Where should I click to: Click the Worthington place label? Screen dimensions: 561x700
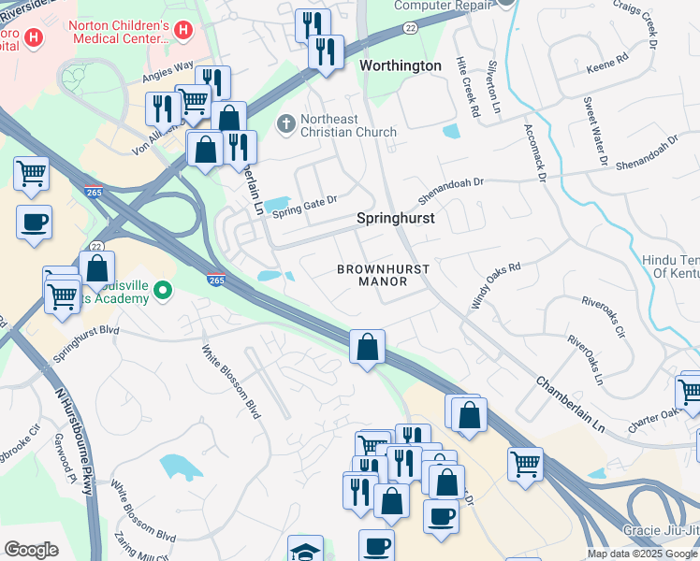tap(401, 65)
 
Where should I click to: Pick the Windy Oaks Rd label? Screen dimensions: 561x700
tap(496, 286)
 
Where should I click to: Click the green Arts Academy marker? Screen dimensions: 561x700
tap(163, 291)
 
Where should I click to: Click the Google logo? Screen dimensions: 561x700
tap(31, 550)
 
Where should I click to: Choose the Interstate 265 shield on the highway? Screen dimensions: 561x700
tap(214, 280)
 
